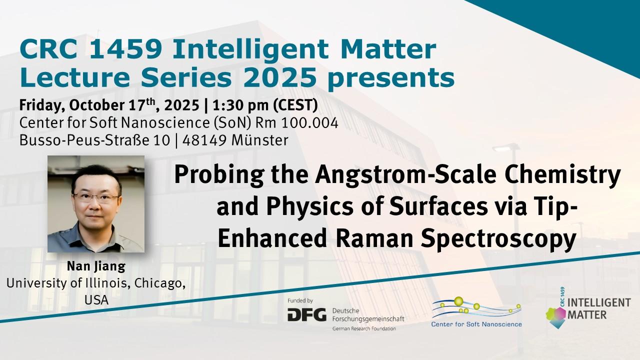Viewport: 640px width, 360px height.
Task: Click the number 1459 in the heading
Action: point(126,49)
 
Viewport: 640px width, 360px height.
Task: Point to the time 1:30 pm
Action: point(240,105)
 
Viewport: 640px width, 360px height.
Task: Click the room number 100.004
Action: point(309,123)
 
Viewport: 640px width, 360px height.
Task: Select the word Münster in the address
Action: point(259,140)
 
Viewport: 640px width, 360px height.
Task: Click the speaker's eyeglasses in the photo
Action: point(96,197)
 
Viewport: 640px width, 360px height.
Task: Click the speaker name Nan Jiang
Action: point(96,266)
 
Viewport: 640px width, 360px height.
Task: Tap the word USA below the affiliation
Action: point(96,300)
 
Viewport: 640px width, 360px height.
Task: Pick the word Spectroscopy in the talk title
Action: point(498,240)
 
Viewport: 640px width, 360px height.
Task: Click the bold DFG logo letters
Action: point(307,314)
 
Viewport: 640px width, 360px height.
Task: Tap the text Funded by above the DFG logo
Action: point(300,300)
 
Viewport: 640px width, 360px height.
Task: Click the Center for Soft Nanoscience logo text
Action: point(476,324)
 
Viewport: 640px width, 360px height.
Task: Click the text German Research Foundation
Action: point(364,329)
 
